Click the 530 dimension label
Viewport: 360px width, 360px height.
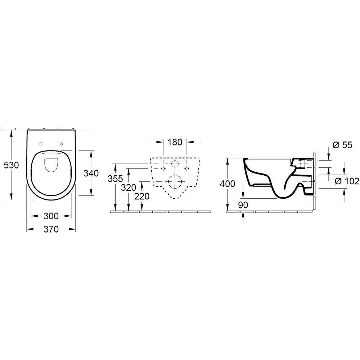[x=11, y=165]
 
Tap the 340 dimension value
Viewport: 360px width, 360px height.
[x=91, y=173]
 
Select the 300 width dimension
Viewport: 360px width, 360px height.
[x=51, y=216]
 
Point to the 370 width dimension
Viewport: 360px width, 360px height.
[x=51, y=229]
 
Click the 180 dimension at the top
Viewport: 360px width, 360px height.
[x=175, y=142]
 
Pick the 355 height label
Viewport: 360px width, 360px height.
[x=115, y=179]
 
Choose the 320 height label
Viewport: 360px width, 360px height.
[x=129, y=188]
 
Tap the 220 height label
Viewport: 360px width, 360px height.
[x=142, y=196]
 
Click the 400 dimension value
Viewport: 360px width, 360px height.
[x=227, y=184]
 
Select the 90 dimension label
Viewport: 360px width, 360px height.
[x=243, y=205]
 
